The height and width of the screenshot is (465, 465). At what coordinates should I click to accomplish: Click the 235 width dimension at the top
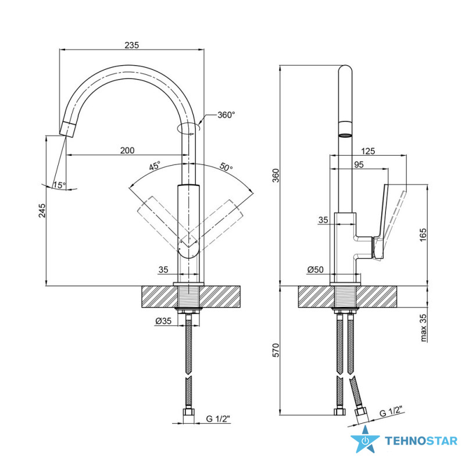[x=131, y=45]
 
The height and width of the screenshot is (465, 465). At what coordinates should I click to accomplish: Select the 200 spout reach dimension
[x=127, y=151]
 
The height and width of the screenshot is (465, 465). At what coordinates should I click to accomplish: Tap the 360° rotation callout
[x=226, y=115]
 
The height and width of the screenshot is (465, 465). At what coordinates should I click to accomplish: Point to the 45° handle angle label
[x=155, y=166]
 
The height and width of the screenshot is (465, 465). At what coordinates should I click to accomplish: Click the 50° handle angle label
[x=226, y=167]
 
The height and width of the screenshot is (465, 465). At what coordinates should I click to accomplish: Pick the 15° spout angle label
[x=59, y=185]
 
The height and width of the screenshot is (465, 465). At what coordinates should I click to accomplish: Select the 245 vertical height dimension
[x=42, y=210]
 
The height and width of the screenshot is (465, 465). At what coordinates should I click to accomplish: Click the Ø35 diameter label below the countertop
[x=163, y=321]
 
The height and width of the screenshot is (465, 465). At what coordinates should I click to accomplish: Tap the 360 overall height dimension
[x=276, y=176]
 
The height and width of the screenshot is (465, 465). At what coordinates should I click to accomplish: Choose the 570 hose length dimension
[x=276, y=350]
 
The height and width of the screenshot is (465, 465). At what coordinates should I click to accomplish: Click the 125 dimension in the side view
[x=368, y=151]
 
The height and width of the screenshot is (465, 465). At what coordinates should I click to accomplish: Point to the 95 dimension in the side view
[x=359, y=164]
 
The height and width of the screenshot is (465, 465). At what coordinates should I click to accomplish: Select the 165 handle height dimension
[x=423, y=235]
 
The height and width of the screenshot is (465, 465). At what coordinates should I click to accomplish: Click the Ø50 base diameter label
[x=315, y=269]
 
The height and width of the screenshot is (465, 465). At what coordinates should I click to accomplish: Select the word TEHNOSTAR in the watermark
[x=421, y=441]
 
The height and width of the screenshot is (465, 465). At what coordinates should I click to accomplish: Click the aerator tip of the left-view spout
[x=68, y=128]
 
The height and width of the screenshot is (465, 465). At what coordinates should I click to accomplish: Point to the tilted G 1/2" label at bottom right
[x=392, y=412]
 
